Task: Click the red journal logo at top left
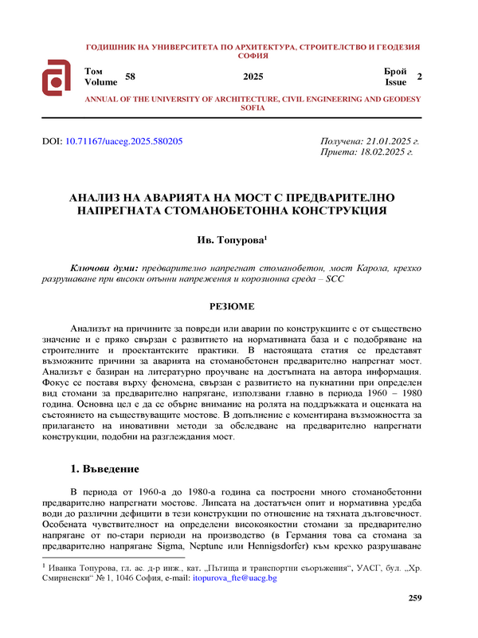coord(58,77)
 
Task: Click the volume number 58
coord(131,77)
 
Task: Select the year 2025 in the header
coord(253,77)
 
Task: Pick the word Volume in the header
coord(100,82)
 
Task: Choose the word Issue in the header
coord(396,82)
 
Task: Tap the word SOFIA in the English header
coord(253,106)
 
